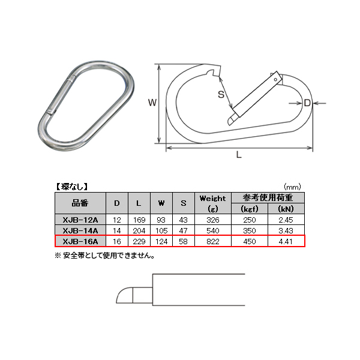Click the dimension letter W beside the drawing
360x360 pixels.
(x=152, y=103)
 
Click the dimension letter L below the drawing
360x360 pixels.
(x=238, y=155)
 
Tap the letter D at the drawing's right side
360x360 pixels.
(x=307, y=103)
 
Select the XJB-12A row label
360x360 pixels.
(x=80, y=220)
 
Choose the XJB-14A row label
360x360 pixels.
(x=80, y=230)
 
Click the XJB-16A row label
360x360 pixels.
(x=80, y=241)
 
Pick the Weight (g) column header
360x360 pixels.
(x=212, y=203)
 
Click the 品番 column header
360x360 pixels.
(x=80, y=203)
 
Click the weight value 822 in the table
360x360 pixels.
(x=212, y=241)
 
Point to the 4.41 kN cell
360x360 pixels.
(x=286, y=241)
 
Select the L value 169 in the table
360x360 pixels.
(x=139, y=220)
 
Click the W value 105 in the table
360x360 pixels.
(x=161, y=230)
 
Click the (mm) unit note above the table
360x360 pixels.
(x=293, y=186)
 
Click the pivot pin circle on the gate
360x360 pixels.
(x=275, y=79)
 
